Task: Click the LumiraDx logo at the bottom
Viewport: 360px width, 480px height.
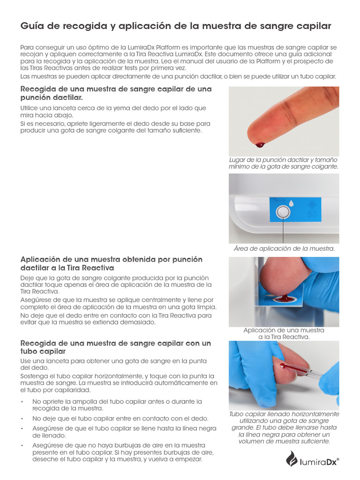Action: (x=312, y=459)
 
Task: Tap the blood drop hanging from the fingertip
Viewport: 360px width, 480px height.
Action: (x=260, y=145)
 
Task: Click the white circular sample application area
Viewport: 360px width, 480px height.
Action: (x=282, y=211)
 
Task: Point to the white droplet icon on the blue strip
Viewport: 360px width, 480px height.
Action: (x=291, y=203)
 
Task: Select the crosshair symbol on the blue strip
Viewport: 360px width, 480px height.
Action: (x=312, y=204)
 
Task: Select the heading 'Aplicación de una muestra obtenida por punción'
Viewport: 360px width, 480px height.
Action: (x=112, y=259)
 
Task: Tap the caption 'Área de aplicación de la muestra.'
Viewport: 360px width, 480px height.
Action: (x=284, y=248)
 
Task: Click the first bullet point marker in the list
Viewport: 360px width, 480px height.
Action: (x=22, y=402)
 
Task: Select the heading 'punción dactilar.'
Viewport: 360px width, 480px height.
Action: (x=52, y=97)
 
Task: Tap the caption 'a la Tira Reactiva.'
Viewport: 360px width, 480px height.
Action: (x=284, y=337)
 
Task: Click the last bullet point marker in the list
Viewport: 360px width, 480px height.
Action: (x=22, y=445)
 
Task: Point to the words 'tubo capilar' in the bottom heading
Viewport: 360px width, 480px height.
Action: (x=43, y=352)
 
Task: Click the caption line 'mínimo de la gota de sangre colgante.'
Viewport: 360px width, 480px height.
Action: (x=284, y=167)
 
